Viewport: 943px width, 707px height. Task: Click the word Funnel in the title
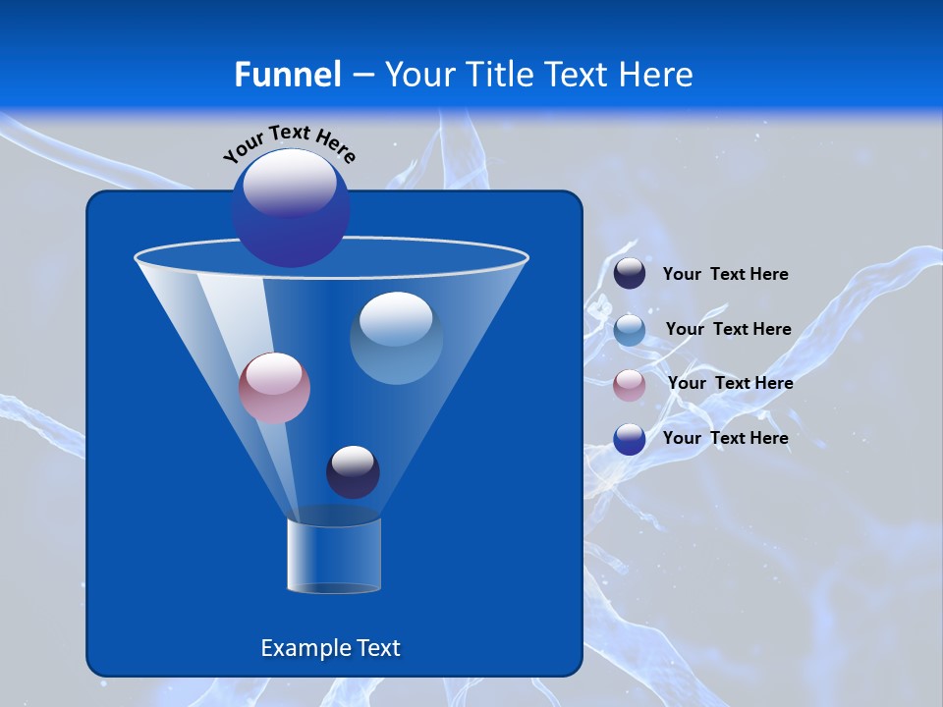point(287,74)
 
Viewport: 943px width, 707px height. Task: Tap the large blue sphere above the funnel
point(291,209)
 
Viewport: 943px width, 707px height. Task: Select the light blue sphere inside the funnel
point(397,339)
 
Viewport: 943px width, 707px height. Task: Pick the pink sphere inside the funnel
point(274,389)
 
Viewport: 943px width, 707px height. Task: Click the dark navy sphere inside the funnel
point(353,472)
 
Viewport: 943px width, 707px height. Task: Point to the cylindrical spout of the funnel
point(334,555)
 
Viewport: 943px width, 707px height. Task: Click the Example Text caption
point(330,648)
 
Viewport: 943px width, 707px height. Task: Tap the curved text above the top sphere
point(290,142)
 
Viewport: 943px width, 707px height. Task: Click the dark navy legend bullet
point(630,274)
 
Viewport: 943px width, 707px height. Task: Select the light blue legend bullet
point(630,330)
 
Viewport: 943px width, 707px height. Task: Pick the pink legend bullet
point(630,385)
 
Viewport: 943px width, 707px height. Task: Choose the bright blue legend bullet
point(630,439)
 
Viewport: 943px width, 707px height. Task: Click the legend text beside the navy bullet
point(725,275)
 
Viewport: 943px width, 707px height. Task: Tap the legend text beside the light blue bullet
point(728,330)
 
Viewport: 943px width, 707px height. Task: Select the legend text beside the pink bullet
point(730,384)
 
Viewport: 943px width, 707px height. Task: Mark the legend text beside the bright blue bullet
point(725,439)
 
